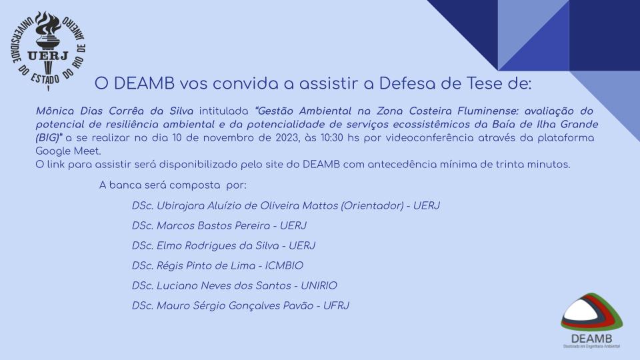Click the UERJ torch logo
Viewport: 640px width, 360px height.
click(48, 50)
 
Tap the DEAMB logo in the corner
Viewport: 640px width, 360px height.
click(591, 321)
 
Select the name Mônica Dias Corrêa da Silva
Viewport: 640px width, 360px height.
click(114, 111)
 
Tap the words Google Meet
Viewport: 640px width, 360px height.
click(67, 151)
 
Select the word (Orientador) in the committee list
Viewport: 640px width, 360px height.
click(372, 206)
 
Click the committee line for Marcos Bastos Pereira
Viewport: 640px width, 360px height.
click(219, 226)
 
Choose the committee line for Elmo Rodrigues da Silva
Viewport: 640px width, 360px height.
click(223, 246)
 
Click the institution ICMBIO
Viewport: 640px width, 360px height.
click(284, 266)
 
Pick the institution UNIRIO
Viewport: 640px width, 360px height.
click(319, 286)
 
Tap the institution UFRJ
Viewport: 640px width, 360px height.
click(336, 306)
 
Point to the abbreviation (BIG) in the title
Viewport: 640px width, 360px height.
click(48, 138)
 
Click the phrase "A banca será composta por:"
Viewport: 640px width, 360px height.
click(173, 185)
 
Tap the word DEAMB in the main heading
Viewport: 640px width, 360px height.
click(144, 83)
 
